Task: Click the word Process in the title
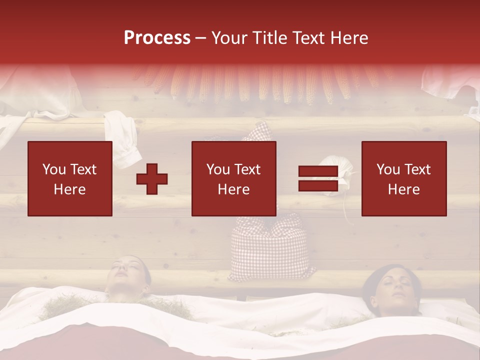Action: coord(157,38)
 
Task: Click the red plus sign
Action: coord(152,179)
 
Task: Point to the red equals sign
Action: coord(318,179)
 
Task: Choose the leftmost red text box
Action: coord(70,178)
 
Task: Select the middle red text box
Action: coord(233,178)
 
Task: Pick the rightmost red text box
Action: coord(403,178)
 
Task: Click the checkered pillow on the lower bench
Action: coord(272,247)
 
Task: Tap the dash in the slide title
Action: coord(201,38)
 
